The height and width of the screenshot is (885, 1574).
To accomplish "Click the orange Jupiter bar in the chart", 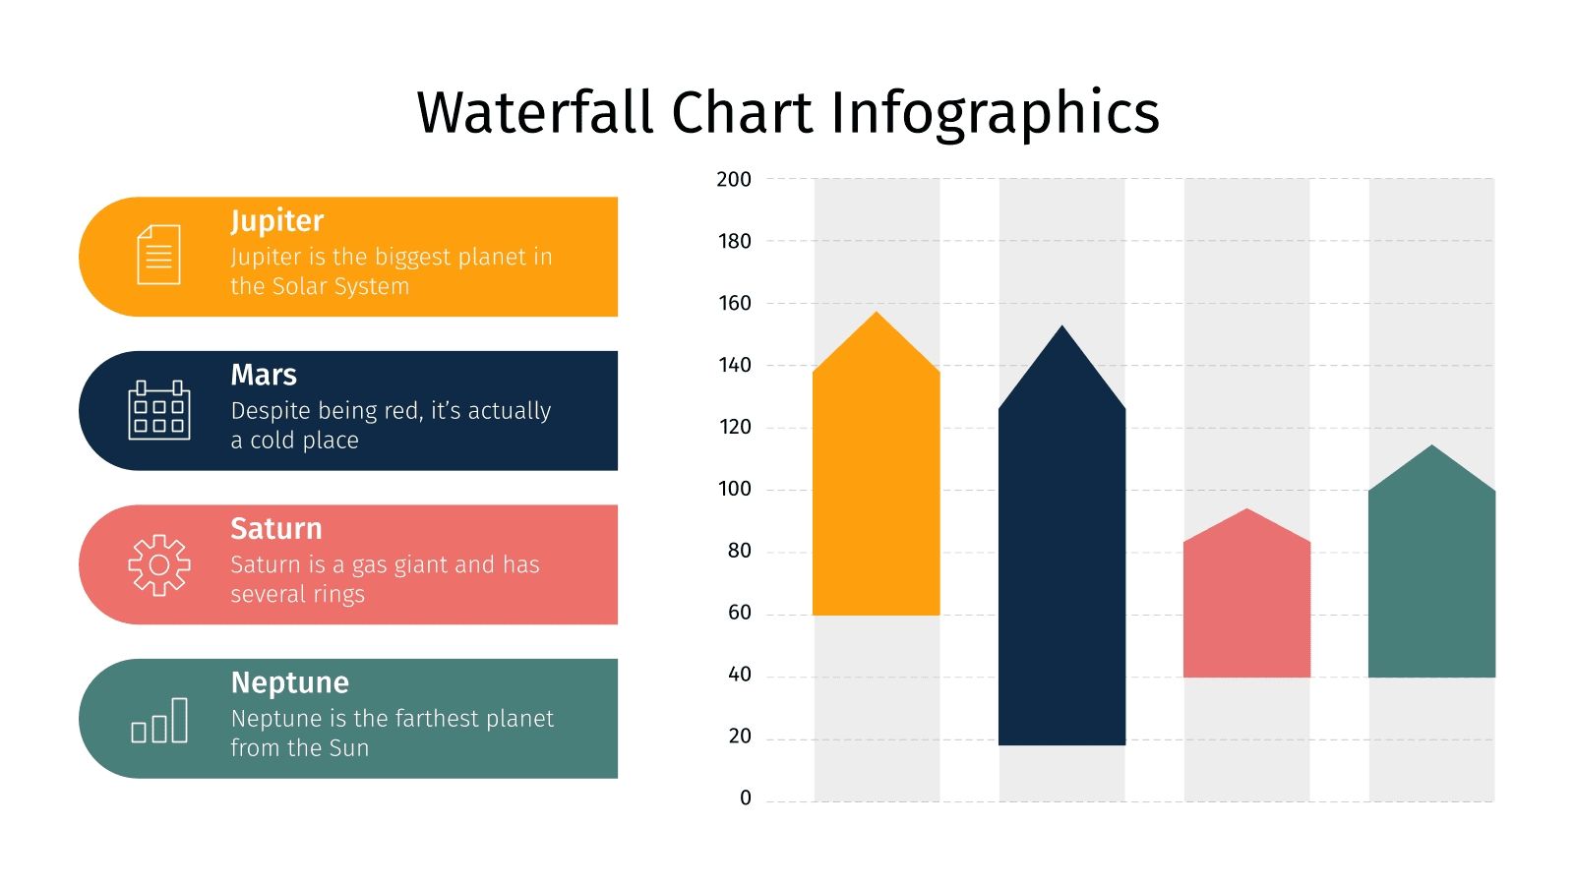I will pos(877,482).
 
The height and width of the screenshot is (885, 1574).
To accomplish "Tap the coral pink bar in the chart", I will pos(1246,605).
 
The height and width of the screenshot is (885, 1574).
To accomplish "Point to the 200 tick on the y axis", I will pos(734,179).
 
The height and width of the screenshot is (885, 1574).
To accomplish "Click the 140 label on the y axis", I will pos(734,365).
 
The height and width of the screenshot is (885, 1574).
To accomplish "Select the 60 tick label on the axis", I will pos(739,613).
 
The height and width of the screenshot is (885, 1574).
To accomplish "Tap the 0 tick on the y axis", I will pos(745,798).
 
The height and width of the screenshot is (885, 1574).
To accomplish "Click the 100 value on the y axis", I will pos(734,489).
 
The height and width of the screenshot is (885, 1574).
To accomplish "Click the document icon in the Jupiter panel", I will pos(158,255).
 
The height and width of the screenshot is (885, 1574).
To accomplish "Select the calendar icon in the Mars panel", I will pos(158,410).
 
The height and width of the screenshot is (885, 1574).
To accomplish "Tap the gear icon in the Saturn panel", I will pos(158,564).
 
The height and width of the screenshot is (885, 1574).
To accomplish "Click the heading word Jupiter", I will pos(276,221).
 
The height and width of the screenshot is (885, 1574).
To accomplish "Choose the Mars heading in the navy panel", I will pos(263,375).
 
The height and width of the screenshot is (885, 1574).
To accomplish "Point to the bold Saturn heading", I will pos(275,529).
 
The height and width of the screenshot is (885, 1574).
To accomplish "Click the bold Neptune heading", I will pos(289,682).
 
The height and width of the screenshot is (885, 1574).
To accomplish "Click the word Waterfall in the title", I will pos(535,112).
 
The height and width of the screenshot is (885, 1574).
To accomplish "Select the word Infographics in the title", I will pos(995,112).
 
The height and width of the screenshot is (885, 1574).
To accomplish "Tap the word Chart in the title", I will pos(743,112).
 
